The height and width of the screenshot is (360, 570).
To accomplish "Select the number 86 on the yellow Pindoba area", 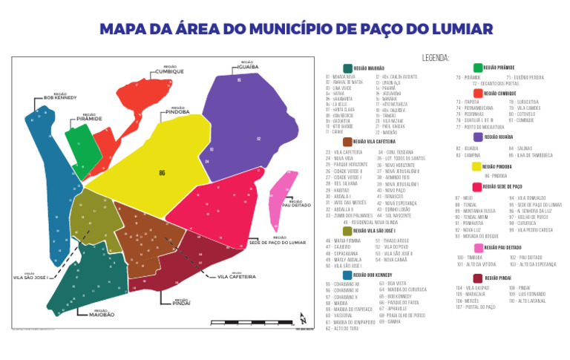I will coord(162,173).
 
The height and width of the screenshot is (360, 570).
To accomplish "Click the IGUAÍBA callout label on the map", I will coord(247,66).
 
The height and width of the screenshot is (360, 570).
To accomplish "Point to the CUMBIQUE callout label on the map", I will coord(168,71).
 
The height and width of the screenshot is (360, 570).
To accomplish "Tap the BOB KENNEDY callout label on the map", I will coord(60,97).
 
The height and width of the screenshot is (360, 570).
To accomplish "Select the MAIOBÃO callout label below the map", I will coord(101,315).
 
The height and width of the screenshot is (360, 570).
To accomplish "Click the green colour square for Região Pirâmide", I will coord(478,68).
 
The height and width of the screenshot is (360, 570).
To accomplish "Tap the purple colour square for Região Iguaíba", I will coord(478,137).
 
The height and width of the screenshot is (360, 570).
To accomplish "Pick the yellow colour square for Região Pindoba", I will coord(476,167).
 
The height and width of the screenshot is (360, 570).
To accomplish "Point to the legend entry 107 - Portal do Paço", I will coord(476,307).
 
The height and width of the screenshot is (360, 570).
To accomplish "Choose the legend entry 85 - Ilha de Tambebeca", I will coord(531,155).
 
